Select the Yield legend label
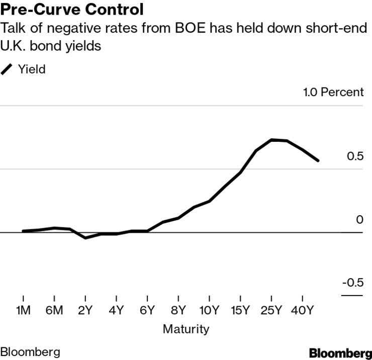[x=32, y=69]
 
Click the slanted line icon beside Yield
[x=8, y=69]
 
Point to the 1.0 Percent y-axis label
[x=332, y=92]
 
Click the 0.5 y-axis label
[x=354, y=156]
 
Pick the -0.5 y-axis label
[x=352, y=283]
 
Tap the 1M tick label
[x=23, y=310]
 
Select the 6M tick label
[x=54, y=310]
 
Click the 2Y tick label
[x=85, y=310]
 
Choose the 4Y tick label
[x=116, y=310]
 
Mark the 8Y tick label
[x=178, y=310]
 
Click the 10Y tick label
[x=209, y=310]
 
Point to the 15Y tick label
[x=240, y=310]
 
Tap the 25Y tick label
[x=271, y=310]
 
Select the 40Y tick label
[x=302, y=310]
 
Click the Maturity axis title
[x=185, y=329]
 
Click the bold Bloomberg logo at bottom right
[x=340, y=352]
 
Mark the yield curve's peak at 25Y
[x=271, y=140]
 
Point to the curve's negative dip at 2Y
[x=85, y=238]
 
